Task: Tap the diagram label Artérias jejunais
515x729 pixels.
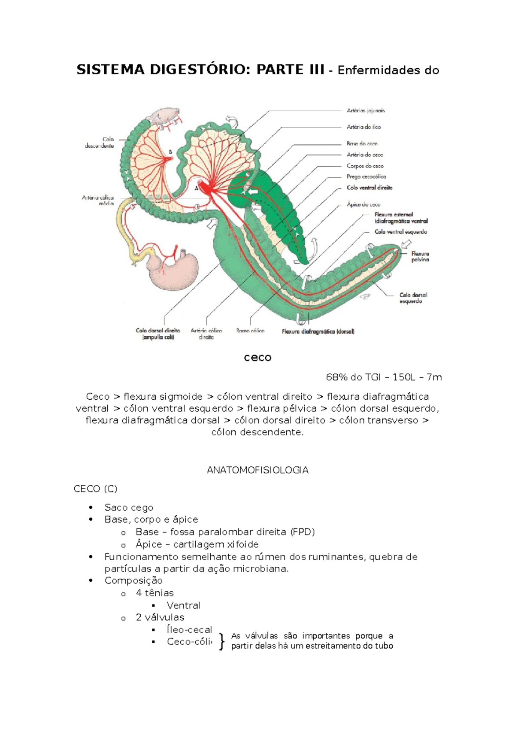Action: coord(366,111)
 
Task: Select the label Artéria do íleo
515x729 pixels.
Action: coord(364,127)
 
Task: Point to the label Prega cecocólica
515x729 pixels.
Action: coord(366,176)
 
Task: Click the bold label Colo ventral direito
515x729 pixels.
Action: coord(370,188)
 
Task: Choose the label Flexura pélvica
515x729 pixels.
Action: coord(420,257)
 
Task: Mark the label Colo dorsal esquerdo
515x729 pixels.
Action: coord(413,298)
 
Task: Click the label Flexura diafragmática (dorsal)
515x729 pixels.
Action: coord(318,331)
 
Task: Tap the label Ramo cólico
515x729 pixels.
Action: coord(250,331)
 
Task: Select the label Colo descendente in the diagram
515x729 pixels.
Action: coord(100,143)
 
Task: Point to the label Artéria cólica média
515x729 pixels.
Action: coord(98,200)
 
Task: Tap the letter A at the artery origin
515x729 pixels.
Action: coord(197,188)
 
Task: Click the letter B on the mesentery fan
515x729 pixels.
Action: coord(170,152)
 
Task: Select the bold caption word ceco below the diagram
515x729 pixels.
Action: coord(257,358)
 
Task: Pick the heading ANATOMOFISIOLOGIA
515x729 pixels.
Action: coord(257,470)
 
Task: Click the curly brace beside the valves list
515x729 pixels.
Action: coord(221,641)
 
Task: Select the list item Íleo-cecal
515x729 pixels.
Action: coord(189,630)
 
